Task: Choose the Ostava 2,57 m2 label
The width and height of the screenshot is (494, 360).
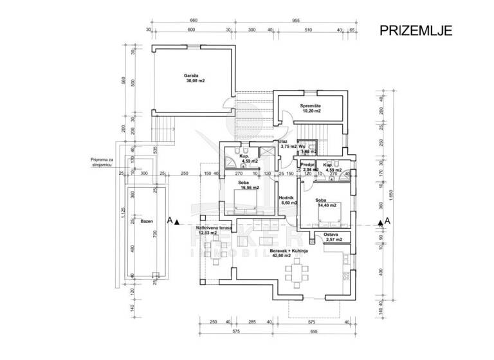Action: (332, 237)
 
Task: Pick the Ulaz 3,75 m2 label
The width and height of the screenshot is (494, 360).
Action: (287, 144)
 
